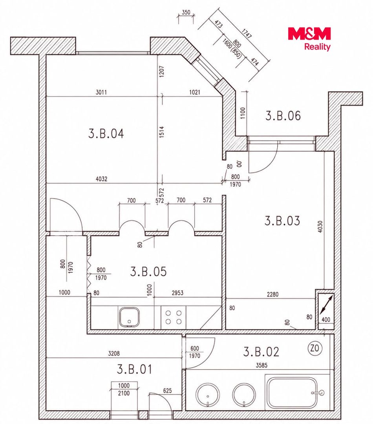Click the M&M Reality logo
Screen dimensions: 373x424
point(309,38)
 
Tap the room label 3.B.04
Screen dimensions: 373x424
point(106,133)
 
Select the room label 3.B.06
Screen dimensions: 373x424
point(283,115)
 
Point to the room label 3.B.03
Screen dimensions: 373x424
point(282,221)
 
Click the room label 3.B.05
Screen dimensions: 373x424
point(148,272)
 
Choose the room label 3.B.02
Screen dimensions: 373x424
point(261,351)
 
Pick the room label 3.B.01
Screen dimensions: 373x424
point(134,369)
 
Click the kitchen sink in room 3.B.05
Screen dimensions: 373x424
point(129,317)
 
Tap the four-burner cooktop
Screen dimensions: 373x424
point(174,318)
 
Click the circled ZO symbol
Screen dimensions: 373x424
point(315,348)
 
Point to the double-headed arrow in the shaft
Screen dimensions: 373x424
point(326,305)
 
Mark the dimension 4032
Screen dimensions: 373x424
point(101,179)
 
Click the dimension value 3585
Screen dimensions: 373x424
point(261,366)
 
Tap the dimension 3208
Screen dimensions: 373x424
point(113,353)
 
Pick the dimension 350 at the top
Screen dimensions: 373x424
point(186,13)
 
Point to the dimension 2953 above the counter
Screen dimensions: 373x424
point(178,293)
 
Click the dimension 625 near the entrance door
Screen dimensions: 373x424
point(167,391)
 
